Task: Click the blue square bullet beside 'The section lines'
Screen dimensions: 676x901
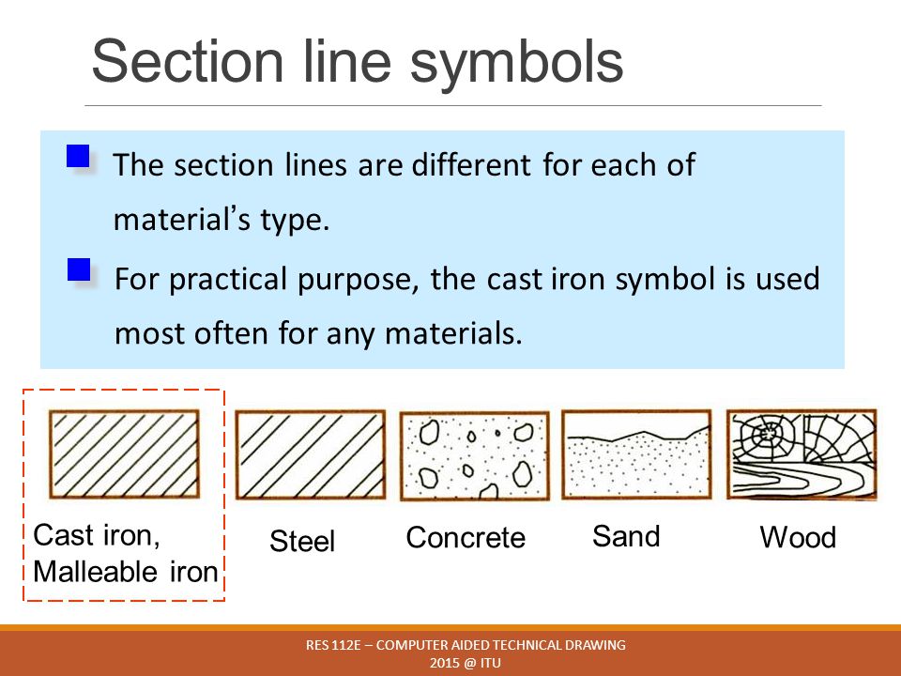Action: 78,155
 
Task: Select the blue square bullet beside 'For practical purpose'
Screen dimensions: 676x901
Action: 79,270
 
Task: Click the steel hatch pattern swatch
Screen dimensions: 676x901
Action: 310,454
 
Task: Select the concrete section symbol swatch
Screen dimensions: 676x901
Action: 474,454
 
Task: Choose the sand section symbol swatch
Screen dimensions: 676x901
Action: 635,454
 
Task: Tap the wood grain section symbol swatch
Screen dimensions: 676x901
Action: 802,453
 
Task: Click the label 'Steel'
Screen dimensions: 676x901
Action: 302,541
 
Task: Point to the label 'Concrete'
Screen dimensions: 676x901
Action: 466,538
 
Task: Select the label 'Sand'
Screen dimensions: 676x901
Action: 626,536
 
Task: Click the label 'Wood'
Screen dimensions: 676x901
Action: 797,538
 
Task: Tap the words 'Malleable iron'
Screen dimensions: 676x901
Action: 125,571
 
